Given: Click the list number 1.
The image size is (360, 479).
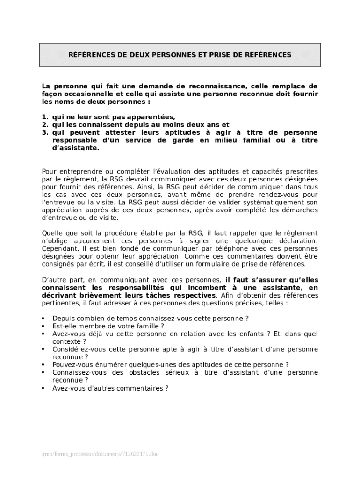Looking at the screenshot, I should pos(44,117).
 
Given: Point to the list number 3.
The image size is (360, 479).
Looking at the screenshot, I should pos(44,132).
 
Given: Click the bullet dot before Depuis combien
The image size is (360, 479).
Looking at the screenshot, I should pos(43,319).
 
